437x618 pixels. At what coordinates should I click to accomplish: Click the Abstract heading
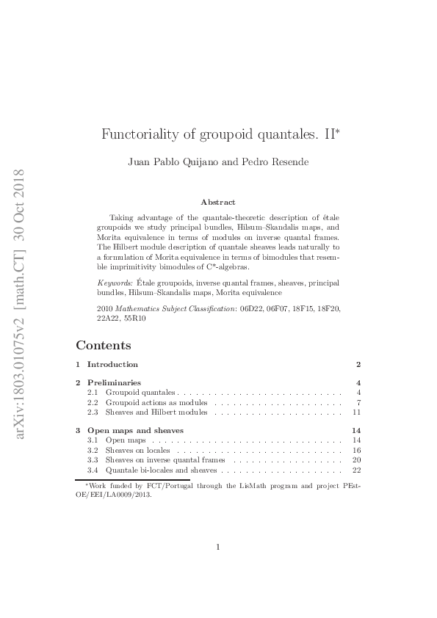218,202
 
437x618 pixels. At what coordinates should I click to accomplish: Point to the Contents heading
104,345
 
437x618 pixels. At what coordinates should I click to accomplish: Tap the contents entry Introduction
112,364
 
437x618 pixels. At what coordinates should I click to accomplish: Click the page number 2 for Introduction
358,364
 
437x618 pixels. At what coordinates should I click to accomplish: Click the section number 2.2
93,403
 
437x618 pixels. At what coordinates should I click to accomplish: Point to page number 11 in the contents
357,412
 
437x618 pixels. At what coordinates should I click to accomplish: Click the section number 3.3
93,460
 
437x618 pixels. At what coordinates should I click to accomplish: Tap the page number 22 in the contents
357,470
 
